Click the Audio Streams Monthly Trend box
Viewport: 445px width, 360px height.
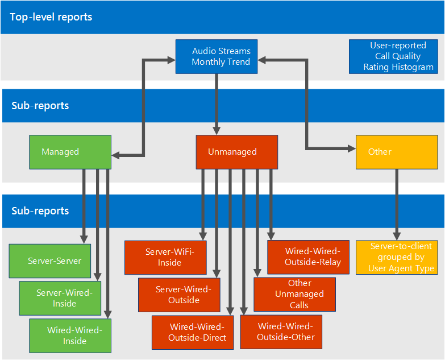point(217,56)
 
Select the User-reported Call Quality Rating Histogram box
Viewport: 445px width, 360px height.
point(393,56)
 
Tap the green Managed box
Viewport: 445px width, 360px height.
point(70,152)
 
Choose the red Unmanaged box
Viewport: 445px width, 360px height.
point(236,152)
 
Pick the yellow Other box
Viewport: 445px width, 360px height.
point(397,152)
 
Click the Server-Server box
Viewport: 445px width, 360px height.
point(50,261)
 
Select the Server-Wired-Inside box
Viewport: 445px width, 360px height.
point(60,298)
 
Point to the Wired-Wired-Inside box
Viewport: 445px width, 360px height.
point(70,336)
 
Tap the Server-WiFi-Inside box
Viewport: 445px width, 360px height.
point(165,258)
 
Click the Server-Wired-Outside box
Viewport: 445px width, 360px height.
point(179,295)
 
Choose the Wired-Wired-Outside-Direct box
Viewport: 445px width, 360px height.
point(193,333)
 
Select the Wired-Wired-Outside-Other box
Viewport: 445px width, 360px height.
point(281,332)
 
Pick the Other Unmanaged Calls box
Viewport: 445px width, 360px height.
point(294,295)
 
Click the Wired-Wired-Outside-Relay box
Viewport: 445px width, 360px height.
point(308,257)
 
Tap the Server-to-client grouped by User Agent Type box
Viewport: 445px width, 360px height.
point(397,258)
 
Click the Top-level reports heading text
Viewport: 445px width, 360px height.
point(51,17)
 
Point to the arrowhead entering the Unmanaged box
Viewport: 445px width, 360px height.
point(217,131)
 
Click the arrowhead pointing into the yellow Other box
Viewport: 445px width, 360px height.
point(352,148)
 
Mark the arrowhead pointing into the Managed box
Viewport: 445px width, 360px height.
point(115,155)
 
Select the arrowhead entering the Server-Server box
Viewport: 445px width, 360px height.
point(84,240)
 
